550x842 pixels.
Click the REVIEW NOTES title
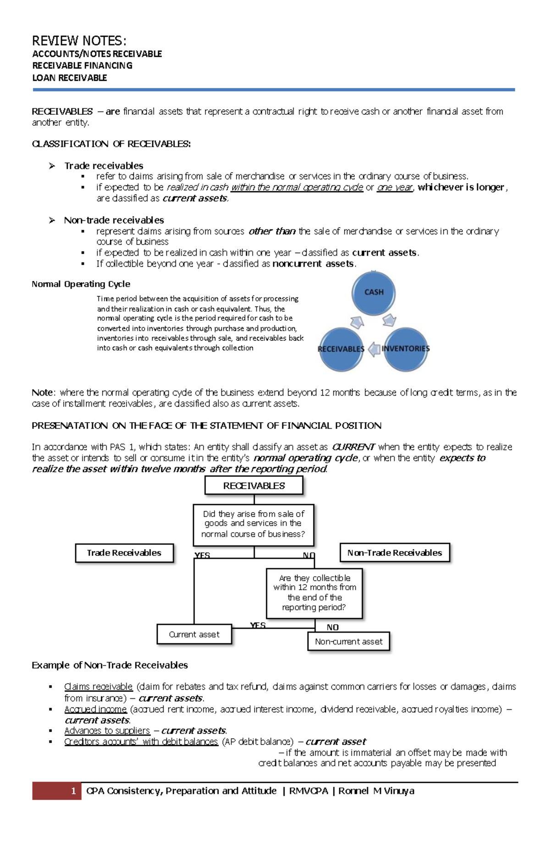(x=79, y=41)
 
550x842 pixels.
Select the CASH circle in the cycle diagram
(x=374, y=292)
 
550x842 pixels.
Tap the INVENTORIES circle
(x=406, y=349)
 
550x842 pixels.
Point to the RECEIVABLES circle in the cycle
(x=341, y=349)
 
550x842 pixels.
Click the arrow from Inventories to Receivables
(x=374, y=349)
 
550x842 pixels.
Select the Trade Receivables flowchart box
(x=124, y=553)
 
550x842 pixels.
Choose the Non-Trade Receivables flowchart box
(x=395, y=553)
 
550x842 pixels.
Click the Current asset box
(x=194, y=635)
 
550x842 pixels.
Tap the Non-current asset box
(x=348, y=641)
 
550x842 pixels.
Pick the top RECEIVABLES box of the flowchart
(x=254, y=485)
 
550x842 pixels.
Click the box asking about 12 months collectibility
(x=314, y=593)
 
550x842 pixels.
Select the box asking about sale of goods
(x=253, y=524)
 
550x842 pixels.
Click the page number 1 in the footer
(x=73, y=791)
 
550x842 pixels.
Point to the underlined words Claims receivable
(x=99, y=687)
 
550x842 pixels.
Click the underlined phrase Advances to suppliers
(x=107, y=730)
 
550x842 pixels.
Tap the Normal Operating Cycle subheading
(x=81, y=284)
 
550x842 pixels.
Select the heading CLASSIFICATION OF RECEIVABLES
(x=111, y=144)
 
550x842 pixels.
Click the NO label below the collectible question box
(x=332, y=627)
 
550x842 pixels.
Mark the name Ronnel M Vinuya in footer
(x=376, y=791)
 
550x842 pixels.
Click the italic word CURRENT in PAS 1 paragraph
(x=353, y=447)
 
